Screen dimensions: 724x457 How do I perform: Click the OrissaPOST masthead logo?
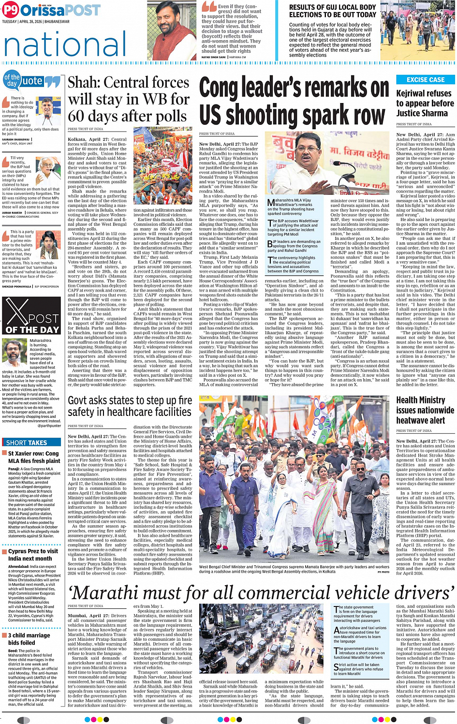(51, 10)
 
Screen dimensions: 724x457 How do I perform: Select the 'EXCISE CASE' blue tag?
(425, 80)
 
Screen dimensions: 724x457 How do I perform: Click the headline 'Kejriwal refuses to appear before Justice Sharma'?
(425, 103)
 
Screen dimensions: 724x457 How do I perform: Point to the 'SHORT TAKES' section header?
(27, 443)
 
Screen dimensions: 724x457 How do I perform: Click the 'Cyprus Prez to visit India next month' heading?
(33, 555)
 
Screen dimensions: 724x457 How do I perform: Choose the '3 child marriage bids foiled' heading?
(29, 639)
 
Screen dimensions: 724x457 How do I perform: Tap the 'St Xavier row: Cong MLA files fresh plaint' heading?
(34, 457)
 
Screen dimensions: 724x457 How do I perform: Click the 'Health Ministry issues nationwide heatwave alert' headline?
(425, 410)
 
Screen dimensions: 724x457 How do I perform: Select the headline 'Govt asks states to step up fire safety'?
(130, 406)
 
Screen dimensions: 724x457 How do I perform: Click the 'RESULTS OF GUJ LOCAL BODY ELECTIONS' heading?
(332, 11)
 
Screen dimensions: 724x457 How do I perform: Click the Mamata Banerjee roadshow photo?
(294, 479)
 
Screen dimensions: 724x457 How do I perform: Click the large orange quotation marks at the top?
(209, 6)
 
